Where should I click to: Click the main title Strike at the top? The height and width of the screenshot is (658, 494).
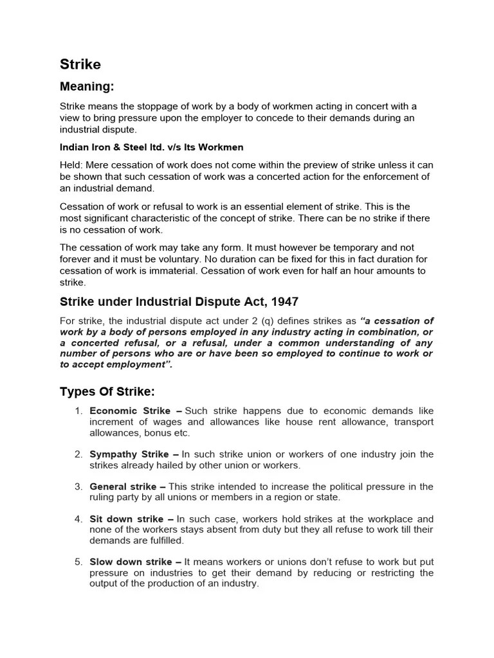coord(80,64)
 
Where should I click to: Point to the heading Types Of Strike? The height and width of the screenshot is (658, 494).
coord(107,392)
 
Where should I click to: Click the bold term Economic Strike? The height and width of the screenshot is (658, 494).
coord(130,411)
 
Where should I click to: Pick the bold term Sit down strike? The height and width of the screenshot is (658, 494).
coord(127,519)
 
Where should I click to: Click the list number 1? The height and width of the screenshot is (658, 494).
coord(77,411)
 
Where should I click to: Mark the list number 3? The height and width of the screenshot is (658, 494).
coord(77,486)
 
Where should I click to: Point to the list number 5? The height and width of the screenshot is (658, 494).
coord(77,562)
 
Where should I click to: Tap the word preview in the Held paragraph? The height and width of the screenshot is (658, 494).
coord(306,165)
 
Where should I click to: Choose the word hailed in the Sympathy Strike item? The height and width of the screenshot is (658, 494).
coord(164,465)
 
